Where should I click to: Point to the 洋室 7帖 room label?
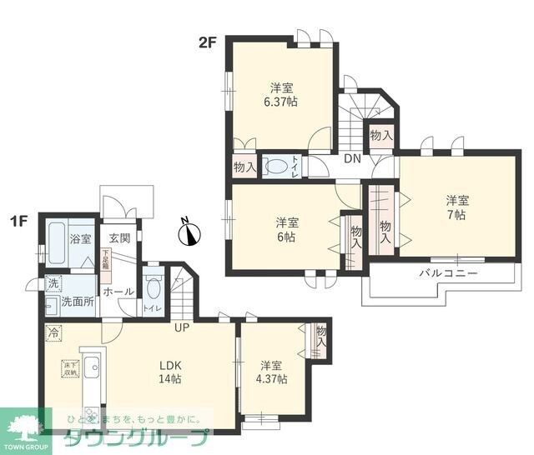456,207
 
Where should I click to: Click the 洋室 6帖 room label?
287,229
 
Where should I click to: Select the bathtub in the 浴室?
57,238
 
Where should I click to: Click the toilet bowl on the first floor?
152,288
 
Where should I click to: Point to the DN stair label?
352,159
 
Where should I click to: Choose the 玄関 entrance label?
119,237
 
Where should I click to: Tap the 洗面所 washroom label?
77,301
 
